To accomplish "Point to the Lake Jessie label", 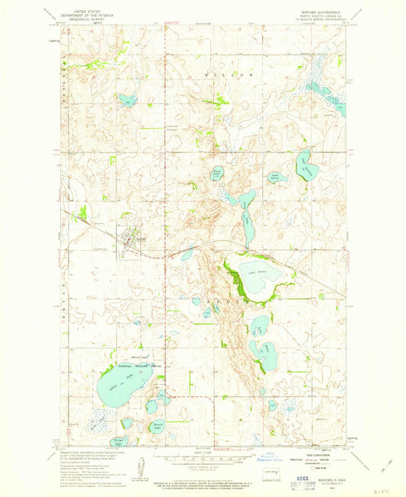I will pyautogui.click(x=257, y=271).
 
